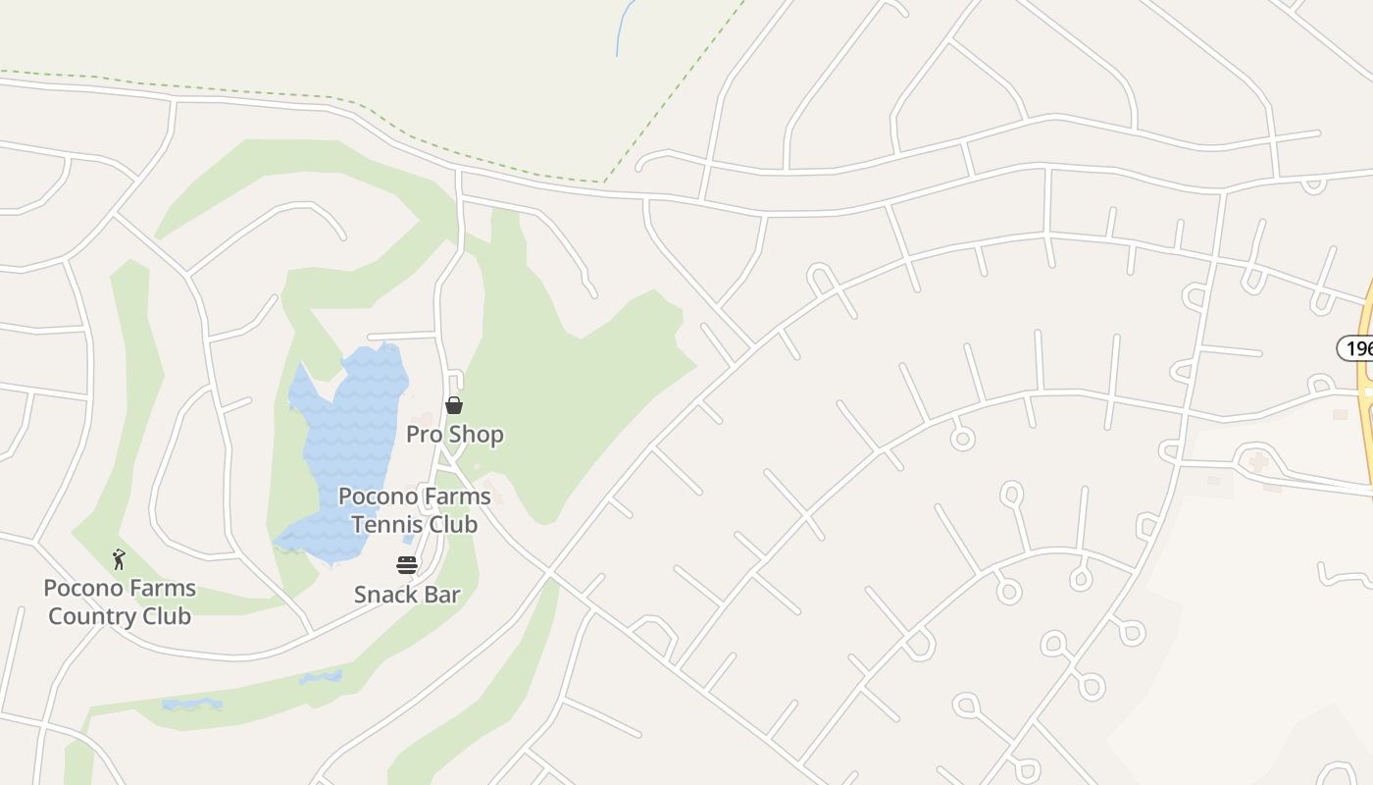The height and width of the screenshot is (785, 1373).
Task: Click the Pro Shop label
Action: (x=455, y=434)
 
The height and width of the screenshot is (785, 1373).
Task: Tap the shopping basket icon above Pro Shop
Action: (x=454, y=405)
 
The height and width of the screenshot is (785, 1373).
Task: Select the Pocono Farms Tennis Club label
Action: (x=415, y=510)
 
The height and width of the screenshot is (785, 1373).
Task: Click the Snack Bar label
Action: (x=407, y=594)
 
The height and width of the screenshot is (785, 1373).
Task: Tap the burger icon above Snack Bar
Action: (x=407, y=565)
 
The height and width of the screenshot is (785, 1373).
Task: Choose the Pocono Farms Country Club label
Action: (x=120, y=602)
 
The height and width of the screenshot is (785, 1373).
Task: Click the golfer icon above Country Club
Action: (x=119, y=559)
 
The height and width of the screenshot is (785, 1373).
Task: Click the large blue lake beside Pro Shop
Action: (x=348, y=442)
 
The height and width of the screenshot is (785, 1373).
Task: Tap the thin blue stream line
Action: (x=620, y=29)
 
